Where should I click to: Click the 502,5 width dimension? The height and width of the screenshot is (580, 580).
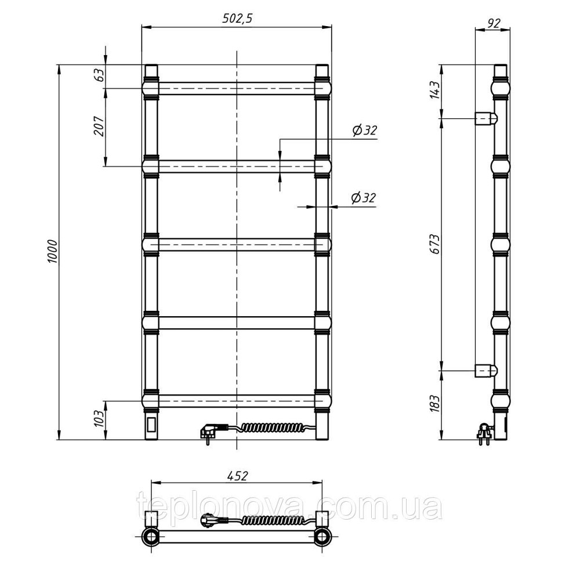pyautogui.click(x=237, y=19)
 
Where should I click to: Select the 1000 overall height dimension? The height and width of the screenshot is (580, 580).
pyautogui.click(x=53, y=252)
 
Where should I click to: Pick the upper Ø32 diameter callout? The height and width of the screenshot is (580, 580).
pyautogui.click(x=364, y=130)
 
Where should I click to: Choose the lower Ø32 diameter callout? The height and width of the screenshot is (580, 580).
pyautogui.click(x=364, y=198)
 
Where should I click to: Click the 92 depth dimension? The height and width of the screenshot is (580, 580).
pyautogui.click(x=494, y=23)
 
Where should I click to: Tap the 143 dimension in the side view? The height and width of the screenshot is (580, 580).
pyautogui.click(x=436, y=90)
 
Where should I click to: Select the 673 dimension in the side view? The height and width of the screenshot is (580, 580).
pyautogui.click(x=436, y=244)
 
